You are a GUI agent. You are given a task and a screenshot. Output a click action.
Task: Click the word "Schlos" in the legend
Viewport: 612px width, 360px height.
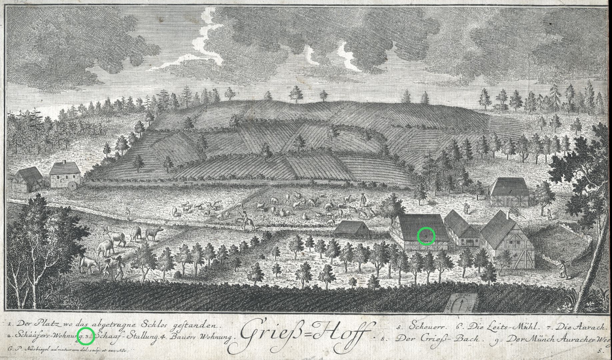(157, 324)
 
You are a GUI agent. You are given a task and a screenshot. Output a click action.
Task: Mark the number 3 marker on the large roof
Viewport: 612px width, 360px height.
(426, 236)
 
